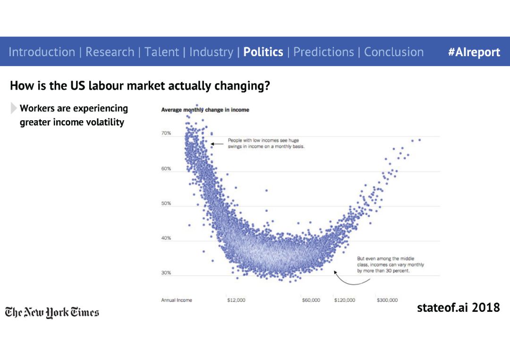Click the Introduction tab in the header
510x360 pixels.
pos(42,52)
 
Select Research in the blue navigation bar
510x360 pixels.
pos(110,52)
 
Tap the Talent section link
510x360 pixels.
pos(161,52)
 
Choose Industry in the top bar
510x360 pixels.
pos(212,52)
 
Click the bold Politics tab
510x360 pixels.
pos(263,52)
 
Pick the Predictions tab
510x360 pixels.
pos(323,52)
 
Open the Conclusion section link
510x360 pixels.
pos(394,52)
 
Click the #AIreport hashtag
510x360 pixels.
pos(474,52)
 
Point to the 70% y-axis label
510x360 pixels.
pos(166,133)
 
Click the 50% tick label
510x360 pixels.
pos(166,203)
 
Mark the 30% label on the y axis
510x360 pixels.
pos(166,273)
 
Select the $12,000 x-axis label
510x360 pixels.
pos(236,300)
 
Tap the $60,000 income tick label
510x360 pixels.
pos(311,300)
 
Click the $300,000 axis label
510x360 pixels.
pos(387,300)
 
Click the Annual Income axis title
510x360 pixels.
pos(177,300)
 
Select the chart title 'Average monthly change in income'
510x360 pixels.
pos(205,110)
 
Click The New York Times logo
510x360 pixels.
pos(52,312)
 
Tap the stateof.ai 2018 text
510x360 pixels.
pos(458,307)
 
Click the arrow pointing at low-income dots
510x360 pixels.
pos(217,144)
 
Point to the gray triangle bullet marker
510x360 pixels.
pos(13,108)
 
